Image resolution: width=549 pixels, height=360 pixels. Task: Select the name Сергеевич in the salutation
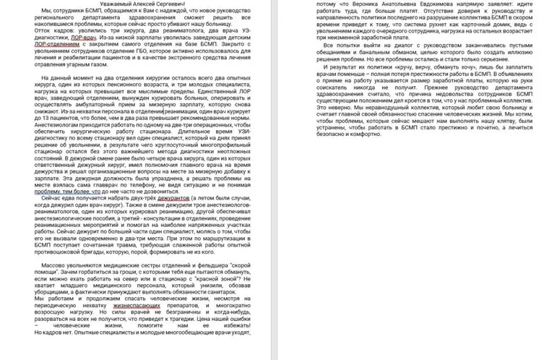tap(167, 4)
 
